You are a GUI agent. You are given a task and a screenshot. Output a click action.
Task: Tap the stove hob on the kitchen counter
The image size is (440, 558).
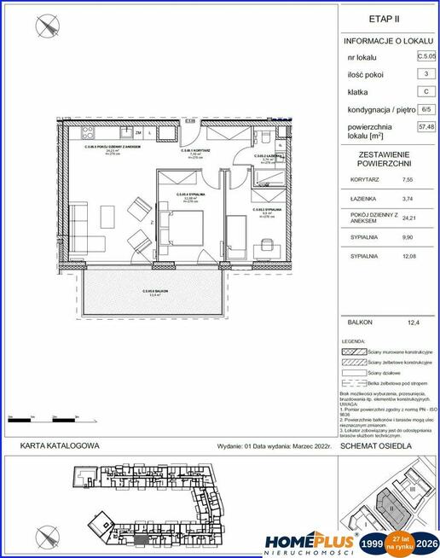tap(90, 133)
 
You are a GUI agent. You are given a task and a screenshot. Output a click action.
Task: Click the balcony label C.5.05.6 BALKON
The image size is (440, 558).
tap(153, 292)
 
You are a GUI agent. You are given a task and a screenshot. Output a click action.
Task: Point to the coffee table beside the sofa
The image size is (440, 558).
tap(104, 213)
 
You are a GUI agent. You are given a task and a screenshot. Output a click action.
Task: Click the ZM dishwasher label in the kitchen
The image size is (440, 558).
tap(137, 133)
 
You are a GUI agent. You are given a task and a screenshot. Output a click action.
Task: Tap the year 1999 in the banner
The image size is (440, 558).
tap(371, 543)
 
